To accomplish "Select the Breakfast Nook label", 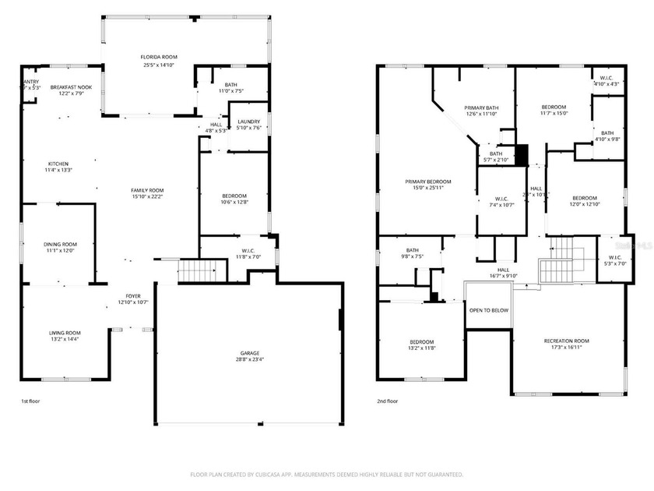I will pos(71,87).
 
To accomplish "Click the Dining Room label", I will pos(60,245).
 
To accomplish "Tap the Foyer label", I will pos(133,296).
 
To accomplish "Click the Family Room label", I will pos(147,190).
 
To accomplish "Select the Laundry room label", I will pos(249,121).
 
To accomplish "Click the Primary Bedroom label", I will pos(427,182).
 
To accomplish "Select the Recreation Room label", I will pos(566,341).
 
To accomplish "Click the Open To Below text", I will pos(488,310).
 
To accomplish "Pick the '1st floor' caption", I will pos(30,401).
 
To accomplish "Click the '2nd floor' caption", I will pos(387,401).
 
